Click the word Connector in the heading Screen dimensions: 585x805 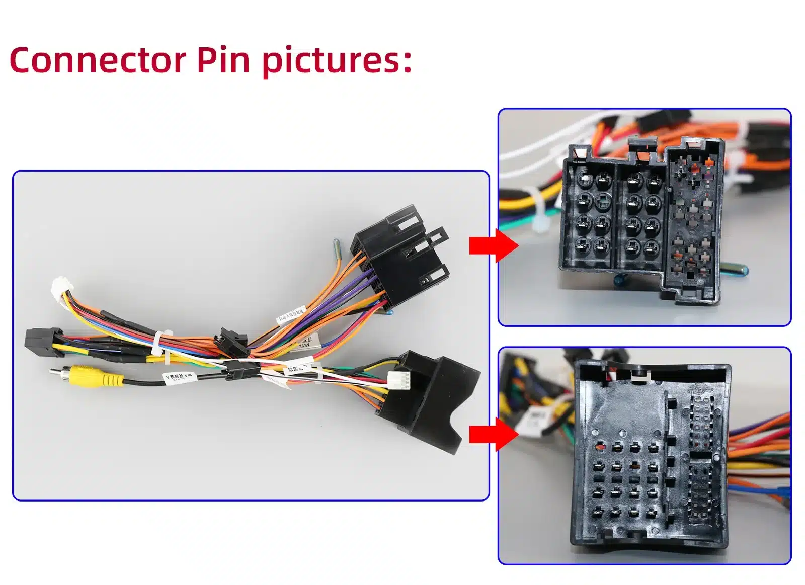click(98, 60)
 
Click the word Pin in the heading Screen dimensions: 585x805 click(222, 60)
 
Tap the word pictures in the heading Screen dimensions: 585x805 click(336, 61)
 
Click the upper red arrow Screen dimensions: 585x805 click(492, 245)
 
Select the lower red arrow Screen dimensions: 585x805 click(492, 434)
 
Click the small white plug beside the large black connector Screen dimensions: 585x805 click(399, 380)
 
